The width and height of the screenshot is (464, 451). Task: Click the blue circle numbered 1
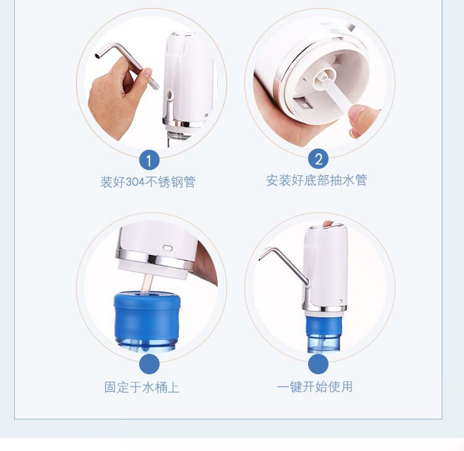tap(149, 160)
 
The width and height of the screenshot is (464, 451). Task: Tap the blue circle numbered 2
tap(319, 159)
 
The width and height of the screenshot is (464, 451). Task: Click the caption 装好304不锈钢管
tap(148, 182)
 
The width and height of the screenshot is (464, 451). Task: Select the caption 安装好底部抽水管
tap(317, 180)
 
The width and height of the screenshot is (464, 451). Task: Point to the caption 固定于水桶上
tap(142, 387)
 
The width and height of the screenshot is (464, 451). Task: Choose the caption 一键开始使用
tap(315, 387)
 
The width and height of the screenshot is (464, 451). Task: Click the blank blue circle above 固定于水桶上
tap(149, 364)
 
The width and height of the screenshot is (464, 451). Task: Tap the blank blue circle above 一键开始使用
tap(319, 364)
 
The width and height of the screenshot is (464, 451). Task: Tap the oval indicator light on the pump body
tap(168, 247)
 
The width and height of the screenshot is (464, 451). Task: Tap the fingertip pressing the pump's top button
tap(327, 224)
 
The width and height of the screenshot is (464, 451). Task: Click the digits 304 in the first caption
tap(135, 182)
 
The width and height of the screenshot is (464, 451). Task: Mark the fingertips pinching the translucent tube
tap(361, 121)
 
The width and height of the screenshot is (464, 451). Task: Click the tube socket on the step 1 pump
tap(170, 95)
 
